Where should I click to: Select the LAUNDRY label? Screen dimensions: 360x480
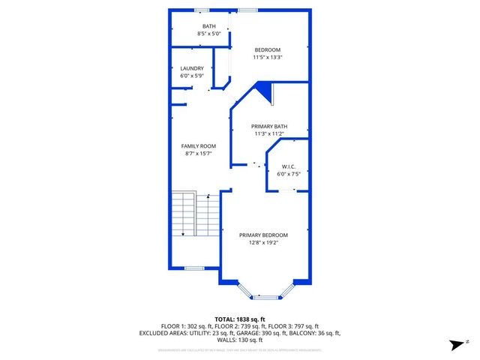tap(191, 68)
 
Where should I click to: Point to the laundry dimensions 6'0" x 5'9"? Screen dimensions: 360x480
tap(191, 76)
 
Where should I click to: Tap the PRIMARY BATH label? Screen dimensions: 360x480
tap(268, 126)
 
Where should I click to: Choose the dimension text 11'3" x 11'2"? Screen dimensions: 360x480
tap(268, 133)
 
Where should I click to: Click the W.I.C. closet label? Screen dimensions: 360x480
tap(289, 166)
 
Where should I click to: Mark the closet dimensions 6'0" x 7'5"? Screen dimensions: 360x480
tap(289, 173)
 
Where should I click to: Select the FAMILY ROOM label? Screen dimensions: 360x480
tap(199, 145)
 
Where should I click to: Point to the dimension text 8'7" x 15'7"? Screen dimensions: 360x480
tap(199, 153)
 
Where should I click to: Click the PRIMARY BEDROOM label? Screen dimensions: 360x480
tap(263, 235)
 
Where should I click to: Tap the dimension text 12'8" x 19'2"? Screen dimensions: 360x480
tap(263, 242)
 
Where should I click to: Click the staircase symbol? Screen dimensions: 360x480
tap(195, 214)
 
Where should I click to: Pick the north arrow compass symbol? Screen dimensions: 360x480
tap(455, 345)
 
